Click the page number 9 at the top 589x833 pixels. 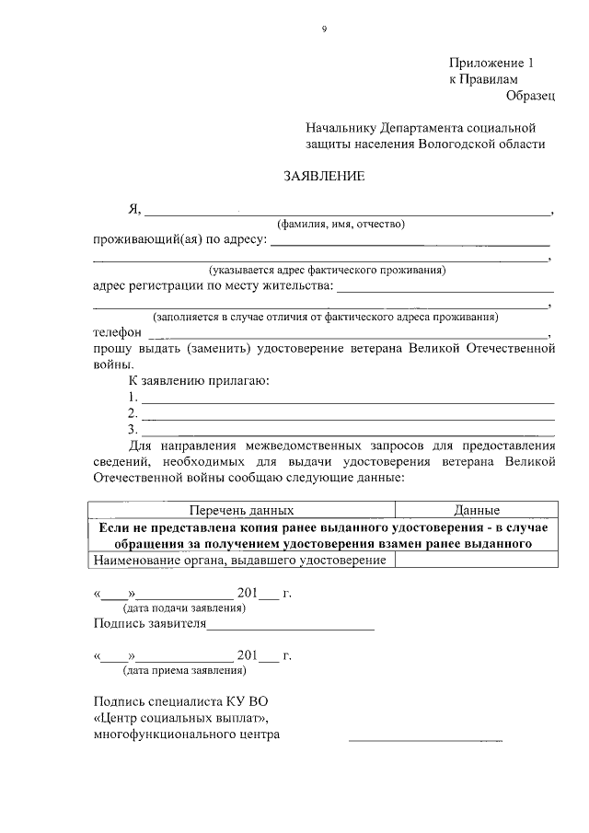click(324, 29)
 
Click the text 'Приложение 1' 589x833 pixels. click(491, 64)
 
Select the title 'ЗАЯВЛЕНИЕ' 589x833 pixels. click(324, 176)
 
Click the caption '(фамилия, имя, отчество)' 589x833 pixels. click(341, 225)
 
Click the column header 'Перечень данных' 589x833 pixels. click(241, 509)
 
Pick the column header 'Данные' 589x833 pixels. click(476, 509)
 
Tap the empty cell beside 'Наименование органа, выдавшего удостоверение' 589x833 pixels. click(476, 561)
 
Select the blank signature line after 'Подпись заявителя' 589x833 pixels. click(291, 627)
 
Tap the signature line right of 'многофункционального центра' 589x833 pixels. click(425, 738)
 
